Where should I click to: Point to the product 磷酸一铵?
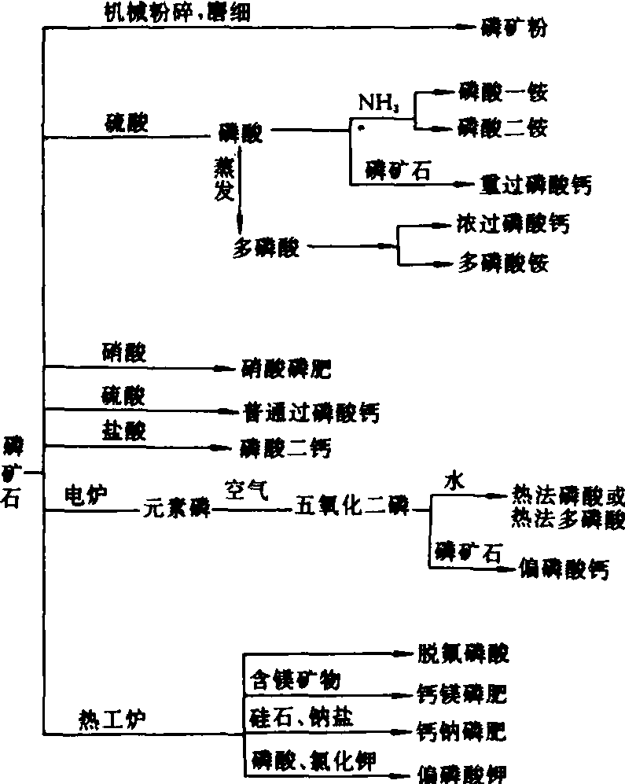tap(502, 93)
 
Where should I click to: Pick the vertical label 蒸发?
tap(223, 180)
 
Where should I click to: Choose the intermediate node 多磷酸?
tap(266, 247)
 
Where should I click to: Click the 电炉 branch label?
tap(86, 494)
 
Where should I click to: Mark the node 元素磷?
tap(176, 510)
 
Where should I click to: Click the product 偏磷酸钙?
tap(564, 569)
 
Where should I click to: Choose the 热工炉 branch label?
tap(108, 718)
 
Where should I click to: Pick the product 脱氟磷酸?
tap(462, 652)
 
